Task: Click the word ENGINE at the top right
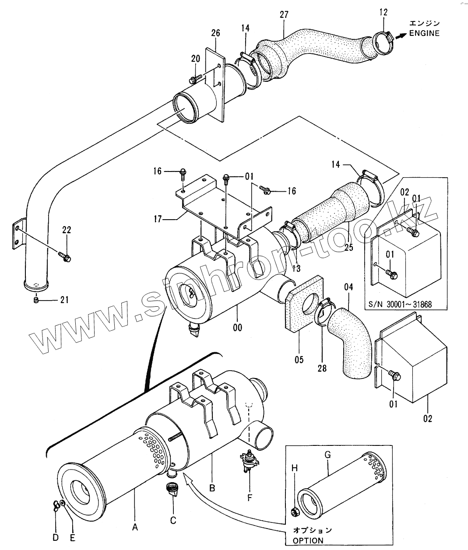(424, 33)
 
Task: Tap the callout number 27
(284, 14)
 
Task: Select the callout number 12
(384, 12)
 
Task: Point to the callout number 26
(216, 33)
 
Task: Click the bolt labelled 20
(194, 79)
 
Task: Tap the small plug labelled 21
(36, 300)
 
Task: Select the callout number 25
(348, 248)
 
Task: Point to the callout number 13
(296, 269)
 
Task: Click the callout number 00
(237, 327)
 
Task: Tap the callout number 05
(299, 360)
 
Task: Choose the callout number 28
(322, 368)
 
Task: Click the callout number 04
(348, 287)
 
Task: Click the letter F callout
(250, 497)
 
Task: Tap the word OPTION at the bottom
(308, 540)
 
